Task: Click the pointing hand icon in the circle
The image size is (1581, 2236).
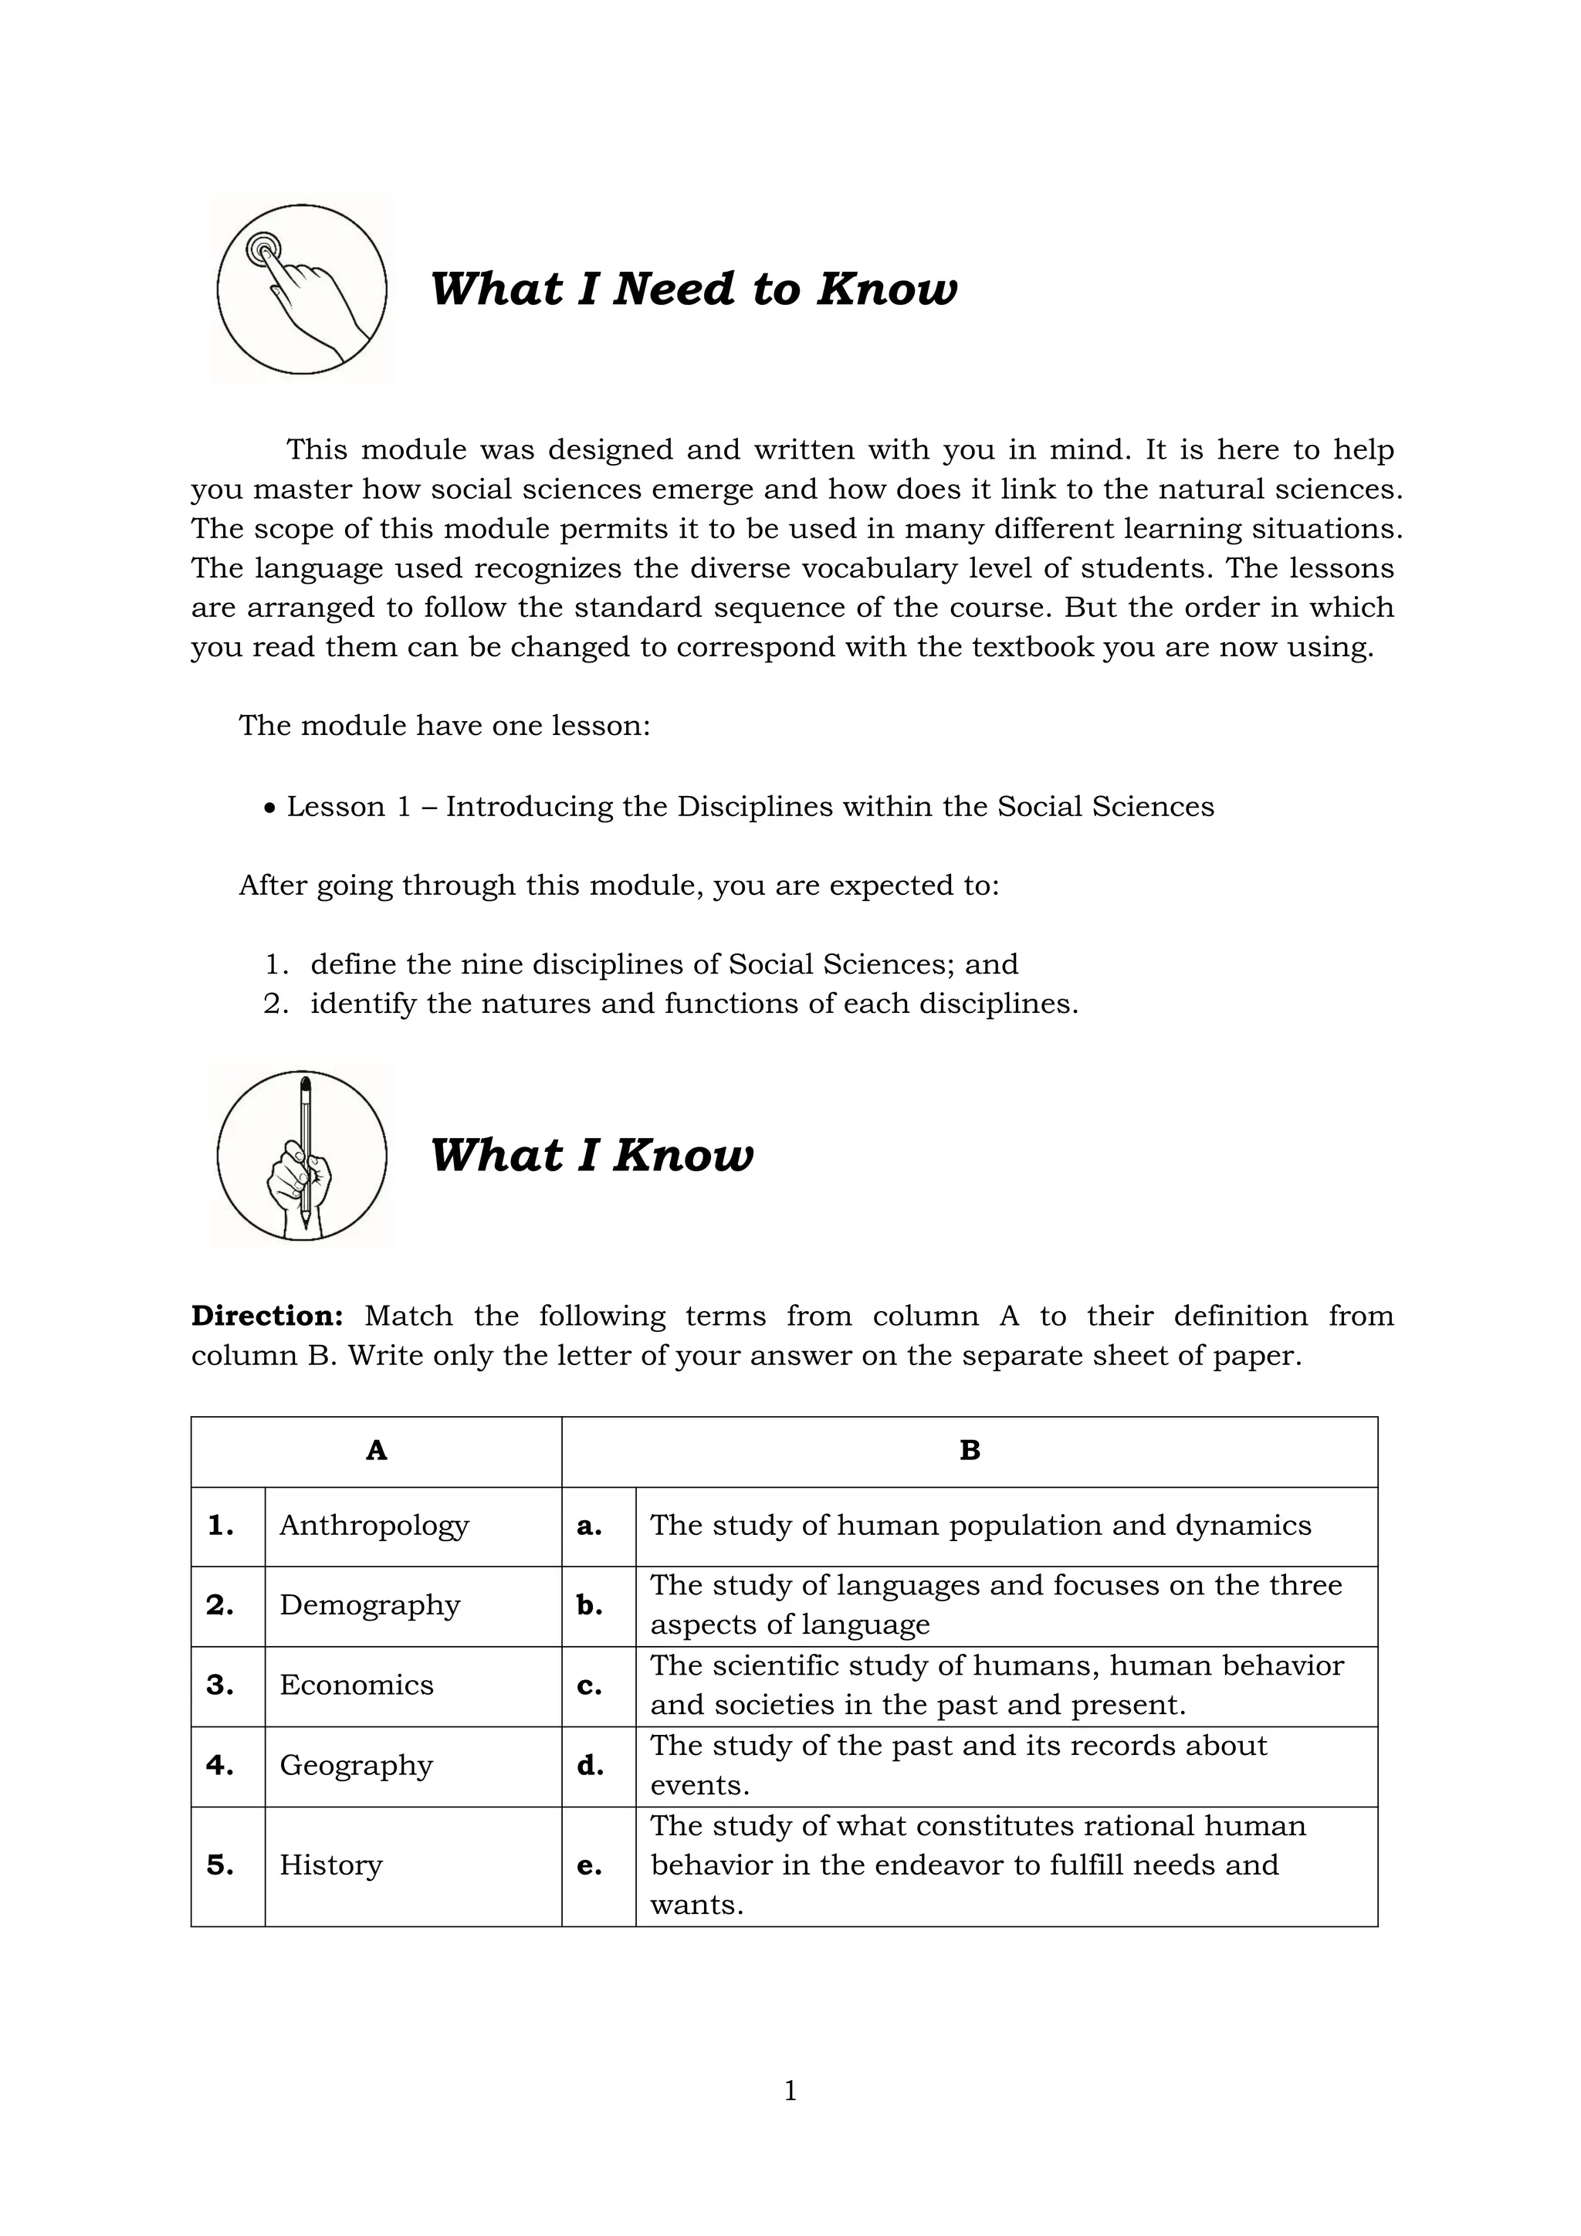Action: (x=302, y=290)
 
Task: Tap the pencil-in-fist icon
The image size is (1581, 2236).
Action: (x=302, y=1155)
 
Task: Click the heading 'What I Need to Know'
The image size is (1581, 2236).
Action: (x=693, y=290)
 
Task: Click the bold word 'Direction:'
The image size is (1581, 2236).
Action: (x=267, y=1316)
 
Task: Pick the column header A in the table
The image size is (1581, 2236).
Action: (x=376, y=1451)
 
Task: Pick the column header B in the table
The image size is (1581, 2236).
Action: (x=970, y=1451)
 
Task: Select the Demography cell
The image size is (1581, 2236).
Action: (x=370, y=1605)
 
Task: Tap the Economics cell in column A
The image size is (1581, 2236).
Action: (x=357, y=1685)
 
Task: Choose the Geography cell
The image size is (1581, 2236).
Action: (x=357, y=1765)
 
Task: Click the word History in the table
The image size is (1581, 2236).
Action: (x=331, y=1865)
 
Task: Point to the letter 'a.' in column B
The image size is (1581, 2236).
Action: (x=589, y=1526)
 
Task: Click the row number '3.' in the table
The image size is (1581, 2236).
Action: (x=220, y=1685)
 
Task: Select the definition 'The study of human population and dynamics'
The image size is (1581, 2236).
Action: (x=980, y=1525)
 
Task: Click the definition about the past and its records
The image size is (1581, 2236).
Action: (x=958, y=1765)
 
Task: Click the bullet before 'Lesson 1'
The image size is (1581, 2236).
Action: (x=271, y=808)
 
